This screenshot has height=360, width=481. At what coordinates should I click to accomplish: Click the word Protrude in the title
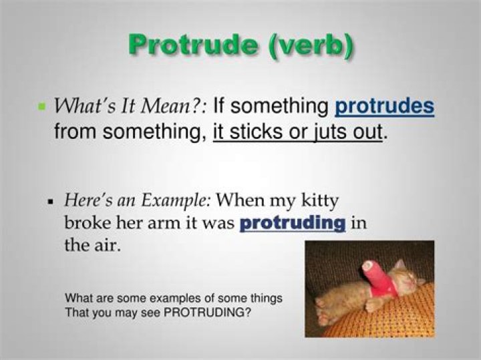coord(193,45)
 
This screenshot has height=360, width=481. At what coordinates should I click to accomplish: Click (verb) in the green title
coord(311,45)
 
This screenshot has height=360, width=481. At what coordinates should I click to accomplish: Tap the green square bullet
coord(41,106)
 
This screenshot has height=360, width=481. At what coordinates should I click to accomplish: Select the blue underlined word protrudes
coord(384,106)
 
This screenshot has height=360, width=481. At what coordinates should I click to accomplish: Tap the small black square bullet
coord(51,202)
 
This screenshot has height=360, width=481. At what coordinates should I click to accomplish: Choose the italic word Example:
coord(176,201)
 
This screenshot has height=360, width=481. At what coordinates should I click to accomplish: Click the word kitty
coord(319,201)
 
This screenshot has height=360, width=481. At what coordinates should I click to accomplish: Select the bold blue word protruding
coord(293,223)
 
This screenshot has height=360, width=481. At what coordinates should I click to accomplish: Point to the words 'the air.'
coord(92,244)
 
